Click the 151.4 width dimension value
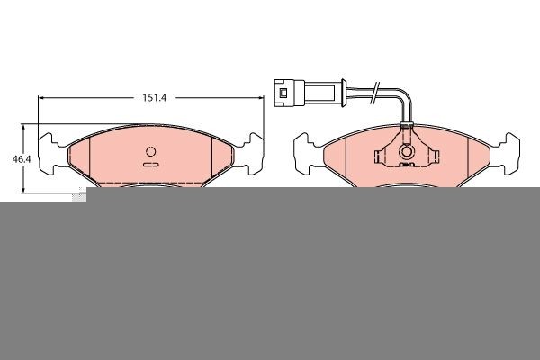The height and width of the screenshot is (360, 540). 154,98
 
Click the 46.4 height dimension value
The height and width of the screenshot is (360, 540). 22,159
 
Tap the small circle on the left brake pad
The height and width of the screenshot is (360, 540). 151,151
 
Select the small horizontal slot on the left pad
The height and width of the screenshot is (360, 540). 151,165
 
